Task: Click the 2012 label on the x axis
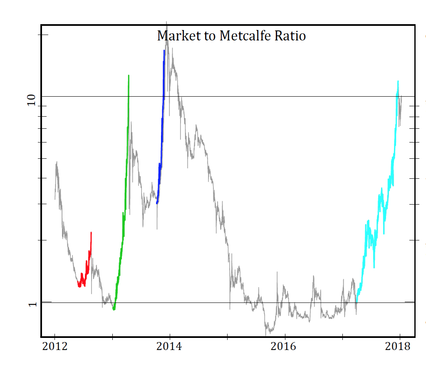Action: pos(54,347)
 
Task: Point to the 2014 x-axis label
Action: pos(169,347)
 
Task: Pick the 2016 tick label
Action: pos(285,347)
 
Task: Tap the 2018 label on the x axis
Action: pos(399,347)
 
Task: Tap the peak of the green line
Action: pos(129,76)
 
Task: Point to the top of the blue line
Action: pos(164,50)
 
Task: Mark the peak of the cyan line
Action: pos(398,81)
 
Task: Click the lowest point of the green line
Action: pos(114,310)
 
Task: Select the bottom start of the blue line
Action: pos(157,203)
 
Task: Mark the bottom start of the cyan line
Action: pos(356,301)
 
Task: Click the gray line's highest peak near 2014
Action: pos(167,22)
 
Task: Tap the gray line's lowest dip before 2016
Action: pos(266,335)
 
